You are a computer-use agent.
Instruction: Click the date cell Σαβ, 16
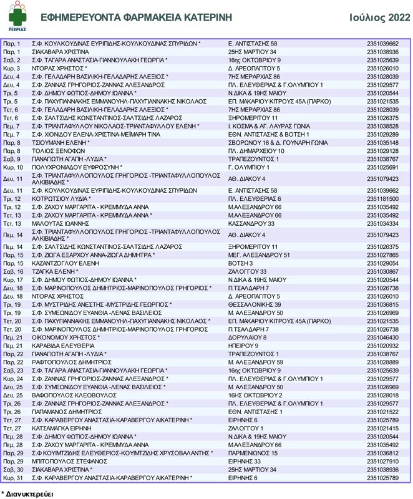click(13, 272)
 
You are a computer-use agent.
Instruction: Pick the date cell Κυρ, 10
click(13, 167)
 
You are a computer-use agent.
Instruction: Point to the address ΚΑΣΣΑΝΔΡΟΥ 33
click(251, 223)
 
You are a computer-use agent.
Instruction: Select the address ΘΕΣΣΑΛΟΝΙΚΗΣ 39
click(255, 304)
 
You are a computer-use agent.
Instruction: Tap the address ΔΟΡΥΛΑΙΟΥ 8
click(247, 337)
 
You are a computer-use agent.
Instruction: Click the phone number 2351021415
click(382, 429)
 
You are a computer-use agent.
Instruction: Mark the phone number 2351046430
click(382, 337)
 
